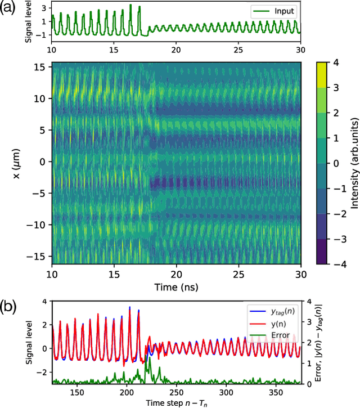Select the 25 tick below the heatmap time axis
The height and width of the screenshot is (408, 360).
click(238, 274)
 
